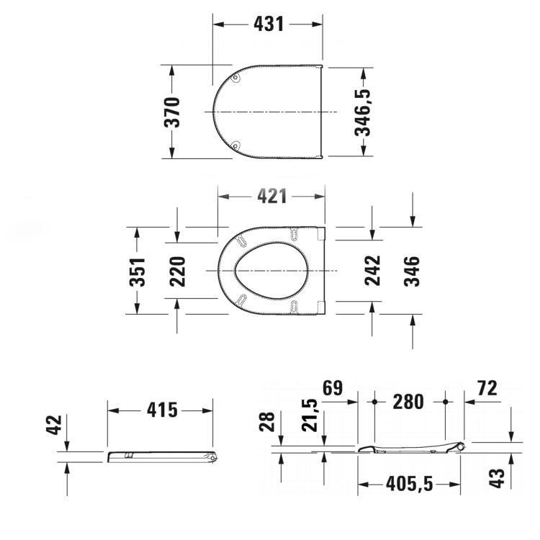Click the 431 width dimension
(268, 24)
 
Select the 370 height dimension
(174, 112)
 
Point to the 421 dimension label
(271, 197)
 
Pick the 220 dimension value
(178, 271)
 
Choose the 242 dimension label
(372, 271)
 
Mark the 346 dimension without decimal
(412, 271)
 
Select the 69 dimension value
(332, 390)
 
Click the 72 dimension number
(487, 390)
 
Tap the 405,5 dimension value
(409, 485)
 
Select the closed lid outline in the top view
(268, 112)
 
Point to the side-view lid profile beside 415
(162, 456)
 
